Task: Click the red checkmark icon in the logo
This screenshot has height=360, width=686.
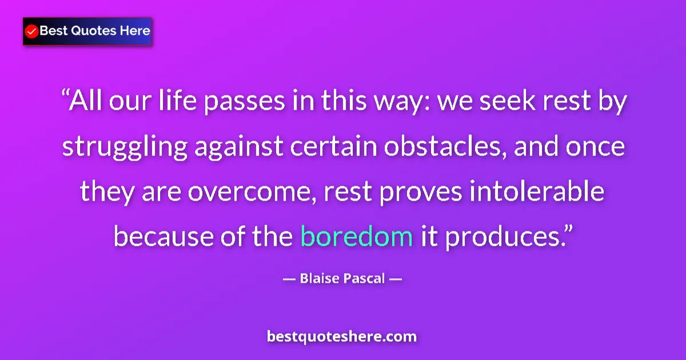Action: point(32,31)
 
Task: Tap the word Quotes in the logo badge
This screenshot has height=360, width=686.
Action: point(91,30)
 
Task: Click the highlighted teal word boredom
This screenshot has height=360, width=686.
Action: point(357,235)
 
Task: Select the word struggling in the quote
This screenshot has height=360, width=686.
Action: point(125,147)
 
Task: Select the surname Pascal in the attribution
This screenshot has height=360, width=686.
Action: point(364,279)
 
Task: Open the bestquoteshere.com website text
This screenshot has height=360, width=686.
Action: point(342,336)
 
